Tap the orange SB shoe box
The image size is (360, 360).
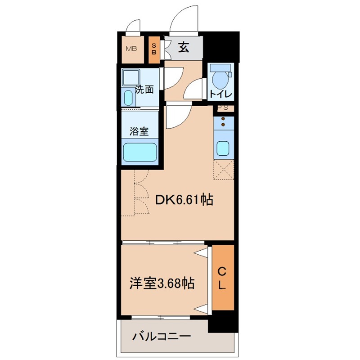click(x=154, y=49)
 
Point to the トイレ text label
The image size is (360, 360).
click(x=220, y=94)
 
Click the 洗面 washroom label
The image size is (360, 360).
click(x=144, y=90)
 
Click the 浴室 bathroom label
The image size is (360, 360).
click(x=139, y=131)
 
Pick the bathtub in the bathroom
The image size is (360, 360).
click(x=140, y=152)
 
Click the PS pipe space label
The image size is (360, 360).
click(x=223, y=108)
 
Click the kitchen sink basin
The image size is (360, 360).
click(x=223, y=147)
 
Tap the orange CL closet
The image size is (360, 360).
click(x=223, y=278)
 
